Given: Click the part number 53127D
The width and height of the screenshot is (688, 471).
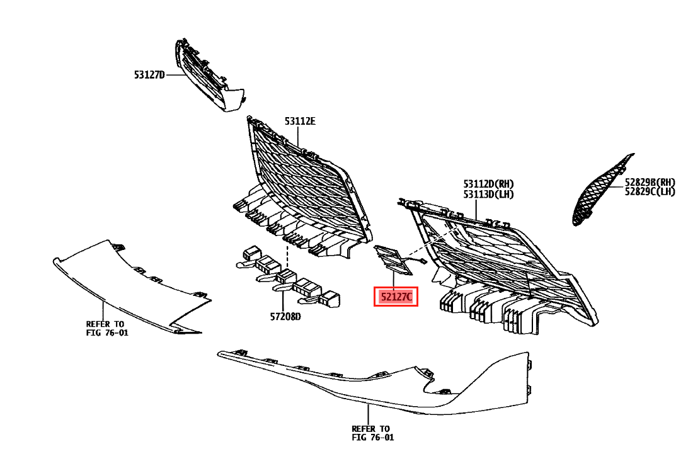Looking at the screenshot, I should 149,75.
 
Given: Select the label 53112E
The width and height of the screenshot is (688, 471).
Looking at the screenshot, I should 299,121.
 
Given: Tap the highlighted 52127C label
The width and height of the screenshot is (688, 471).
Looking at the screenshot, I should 396,297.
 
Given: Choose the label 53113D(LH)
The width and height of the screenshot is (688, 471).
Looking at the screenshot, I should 488,194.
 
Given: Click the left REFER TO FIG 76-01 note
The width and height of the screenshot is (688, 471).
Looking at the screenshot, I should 107,328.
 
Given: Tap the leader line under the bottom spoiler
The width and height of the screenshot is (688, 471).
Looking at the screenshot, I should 371,416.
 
